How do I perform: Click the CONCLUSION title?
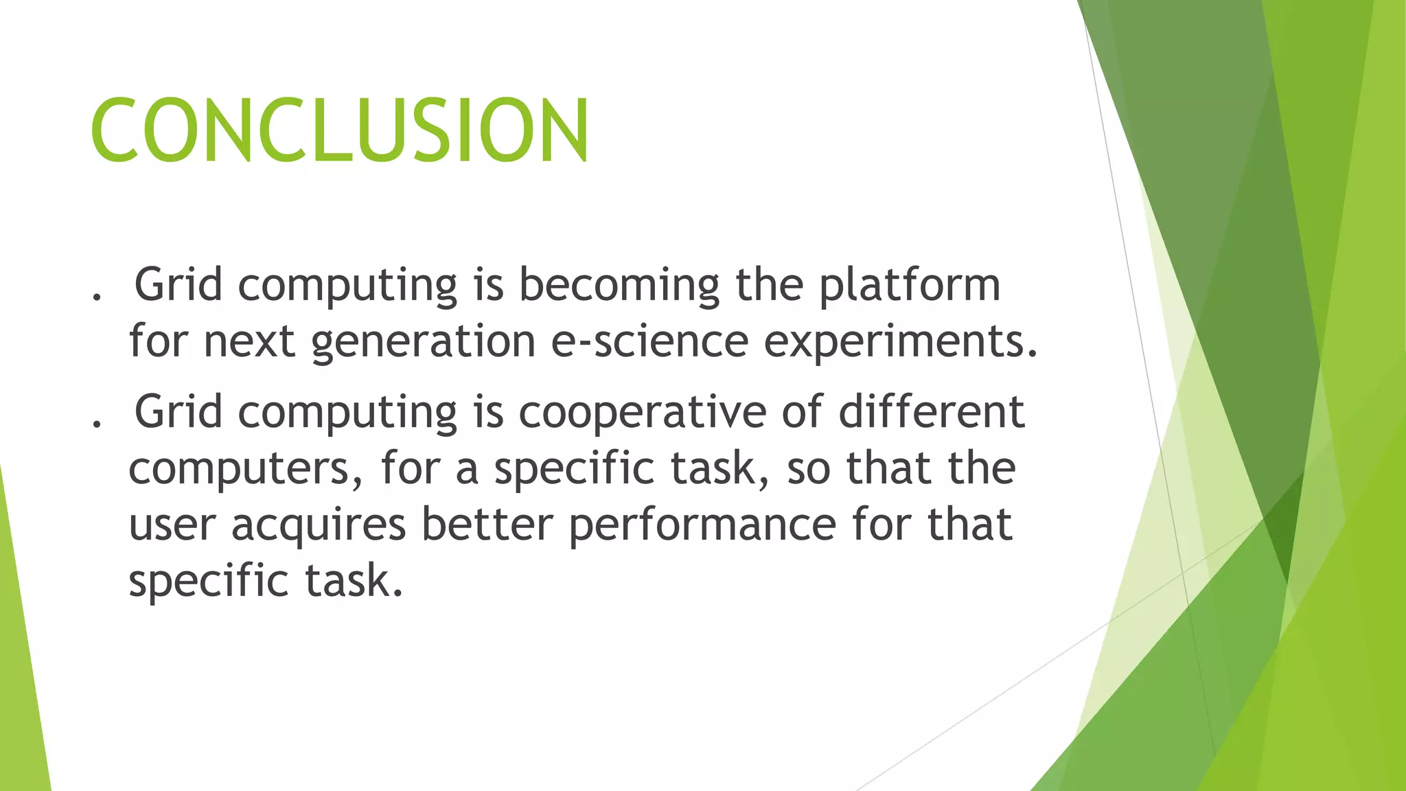click(339, 130)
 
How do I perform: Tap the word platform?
click(910, 286)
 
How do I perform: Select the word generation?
click(423, 342)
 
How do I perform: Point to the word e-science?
click(649, 341)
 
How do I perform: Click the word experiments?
click(900, 342)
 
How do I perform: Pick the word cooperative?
click(642, 413)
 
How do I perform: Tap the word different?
click(932, 412)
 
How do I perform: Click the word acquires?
click(319, 526)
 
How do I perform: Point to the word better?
click(487, 525)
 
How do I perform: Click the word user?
click(172, 526)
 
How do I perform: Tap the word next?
click(249, 342)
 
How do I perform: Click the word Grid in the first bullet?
click(178, 284)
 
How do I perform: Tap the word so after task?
click(808, 468)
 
